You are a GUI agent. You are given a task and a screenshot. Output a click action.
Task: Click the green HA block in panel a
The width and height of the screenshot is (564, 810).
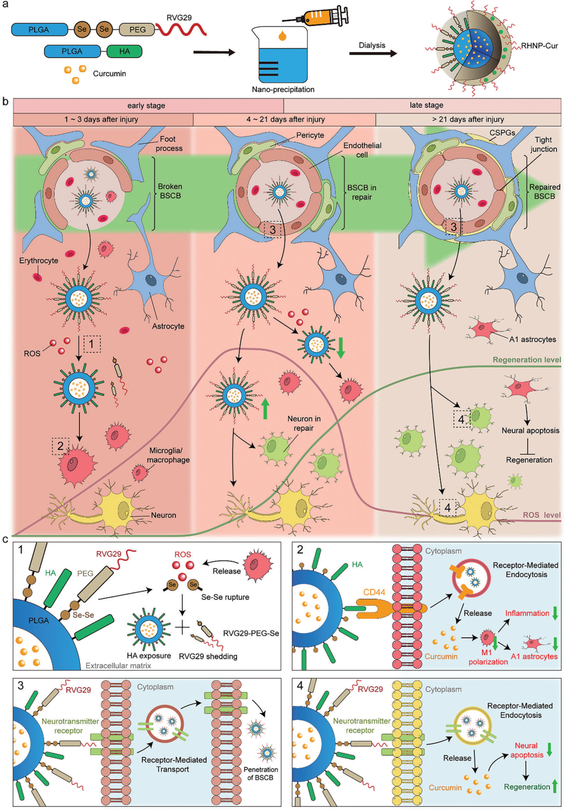pos(124,52)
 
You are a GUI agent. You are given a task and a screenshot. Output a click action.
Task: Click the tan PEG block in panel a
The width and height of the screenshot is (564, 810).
pos(137,29)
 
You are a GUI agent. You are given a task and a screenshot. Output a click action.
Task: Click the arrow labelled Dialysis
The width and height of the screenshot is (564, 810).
pos(372,54)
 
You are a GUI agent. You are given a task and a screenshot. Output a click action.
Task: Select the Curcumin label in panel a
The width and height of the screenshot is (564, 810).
pos(109,73)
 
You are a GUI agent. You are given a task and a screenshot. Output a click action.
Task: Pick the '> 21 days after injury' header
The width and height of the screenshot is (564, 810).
pos(468,120)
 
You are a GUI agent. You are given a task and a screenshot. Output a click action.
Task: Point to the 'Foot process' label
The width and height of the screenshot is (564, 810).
pos(168,143)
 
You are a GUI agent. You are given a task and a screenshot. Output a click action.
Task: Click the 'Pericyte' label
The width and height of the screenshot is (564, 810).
pos(310,135)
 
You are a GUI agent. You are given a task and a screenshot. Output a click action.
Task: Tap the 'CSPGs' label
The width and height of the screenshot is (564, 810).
pos(502,133)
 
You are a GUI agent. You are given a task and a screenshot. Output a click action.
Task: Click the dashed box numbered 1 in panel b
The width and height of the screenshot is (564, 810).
pos(91,344)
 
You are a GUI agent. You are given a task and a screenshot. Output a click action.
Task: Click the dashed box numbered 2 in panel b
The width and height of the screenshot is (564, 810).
pos(60,446)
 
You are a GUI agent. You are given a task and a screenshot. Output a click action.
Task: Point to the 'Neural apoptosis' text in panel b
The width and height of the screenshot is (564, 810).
pos(530,431)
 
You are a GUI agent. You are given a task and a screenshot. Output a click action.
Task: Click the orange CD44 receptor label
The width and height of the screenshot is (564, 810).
pos(374,592)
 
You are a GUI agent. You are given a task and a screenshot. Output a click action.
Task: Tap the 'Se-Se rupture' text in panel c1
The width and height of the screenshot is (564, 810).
pos(225,597)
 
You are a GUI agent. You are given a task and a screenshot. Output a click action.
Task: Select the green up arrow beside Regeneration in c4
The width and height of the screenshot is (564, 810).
pos(555,787)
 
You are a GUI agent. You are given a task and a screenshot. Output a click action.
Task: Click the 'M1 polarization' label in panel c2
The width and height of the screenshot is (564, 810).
pos(488,657)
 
